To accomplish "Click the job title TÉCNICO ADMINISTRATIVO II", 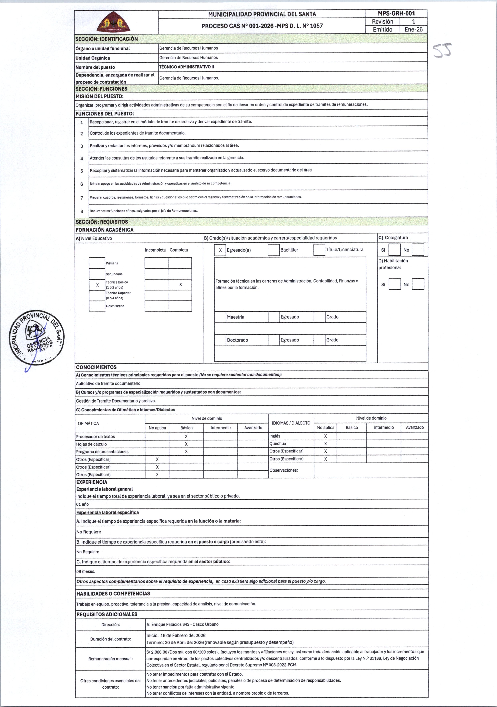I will click(x=186, y=67).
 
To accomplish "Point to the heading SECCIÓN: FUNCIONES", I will click(x=102, y=89).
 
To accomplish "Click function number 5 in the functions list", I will click(x=82, y=171).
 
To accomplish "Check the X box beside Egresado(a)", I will click(x=220, y=250).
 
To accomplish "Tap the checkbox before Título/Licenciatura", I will click(x=319, y=250).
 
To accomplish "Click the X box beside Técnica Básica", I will click(x=97, y=285).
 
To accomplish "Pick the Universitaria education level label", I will click(x=115, y=306).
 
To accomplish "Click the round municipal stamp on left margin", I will click(x=37, y=337).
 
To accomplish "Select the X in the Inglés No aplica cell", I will click(x=325, y=436).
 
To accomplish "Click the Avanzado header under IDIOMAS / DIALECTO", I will click(x=415, y=427).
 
